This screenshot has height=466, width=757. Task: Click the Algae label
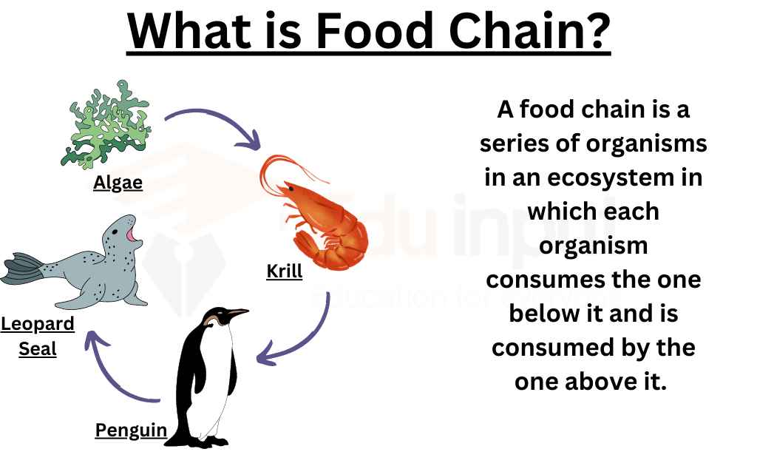tap(118, 183)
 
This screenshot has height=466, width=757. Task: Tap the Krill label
tap(285, 271)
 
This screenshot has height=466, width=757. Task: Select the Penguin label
tap(131, 430)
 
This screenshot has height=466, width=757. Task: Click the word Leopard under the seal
tap(38, 324)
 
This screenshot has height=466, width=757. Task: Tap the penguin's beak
tap(238, 313)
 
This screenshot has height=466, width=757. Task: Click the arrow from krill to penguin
tap(309, 338)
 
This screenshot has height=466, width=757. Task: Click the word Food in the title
tap(374, 30)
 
